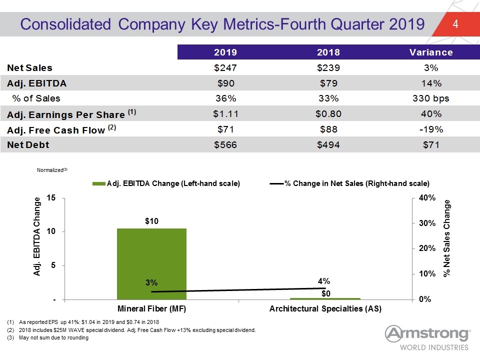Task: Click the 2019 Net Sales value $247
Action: tap(225, 67)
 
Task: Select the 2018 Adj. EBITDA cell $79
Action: tap(328, 83)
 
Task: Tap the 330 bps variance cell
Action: tap(430, 98)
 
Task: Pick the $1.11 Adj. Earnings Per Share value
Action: tap(225, 114)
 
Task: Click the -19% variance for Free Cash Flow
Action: tap(431, 129)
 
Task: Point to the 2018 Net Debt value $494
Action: tap(328, 145)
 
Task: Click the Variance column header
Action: tap(431, 52)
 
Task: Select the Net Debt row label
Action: tap(28, 145)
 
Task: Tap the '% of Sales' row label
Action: tap(36, 98)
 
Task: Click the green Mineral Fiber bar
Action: tap(151, 264)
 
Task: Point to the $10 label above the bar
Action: tap(151, 221)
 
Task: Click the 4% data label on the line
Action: tap(324, 281)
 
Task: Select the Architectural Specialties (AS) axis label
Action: tap(325, 308)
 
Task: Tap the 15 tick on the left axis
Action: tap(51, 198)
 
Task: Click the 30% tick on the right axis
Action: tap(427, 223)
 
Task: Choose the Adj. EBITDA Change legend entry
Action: tap(166, 183)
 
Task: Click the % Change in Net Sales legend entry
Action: tap(349, 183)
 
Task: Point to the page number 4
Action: tap(455, 24)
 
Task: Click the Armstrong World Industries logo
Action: tap(427, 337)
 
